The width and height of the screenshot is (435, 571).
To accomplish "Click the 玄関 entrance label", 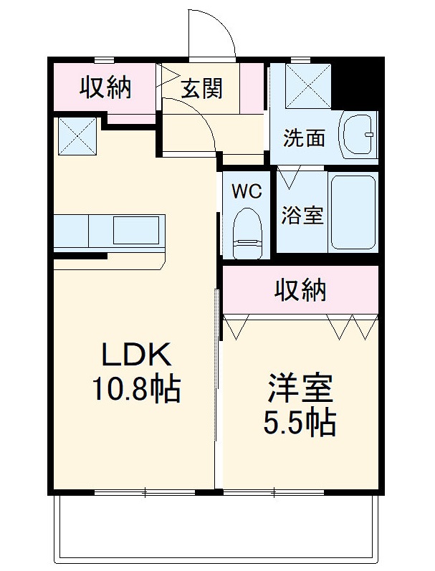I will [201, 88].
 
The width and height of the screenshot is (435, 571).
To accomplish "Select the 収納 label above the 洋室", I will [301, 289].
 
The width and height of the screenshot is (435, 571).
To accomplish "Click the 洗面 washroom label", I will [304, 138].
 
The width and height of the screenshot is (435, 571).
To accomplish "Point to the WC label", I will [245, 191].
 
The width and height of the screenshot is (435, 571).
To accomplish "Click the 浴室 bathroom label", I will [302, 215].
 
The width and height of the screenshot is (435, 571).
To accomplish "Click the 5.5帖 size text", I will [300, 424].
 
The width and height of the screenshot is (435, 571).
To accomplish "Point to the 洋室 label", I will [300, 389].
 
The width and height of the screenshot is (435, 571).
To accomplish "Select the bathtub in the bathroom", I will [353, 211].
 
